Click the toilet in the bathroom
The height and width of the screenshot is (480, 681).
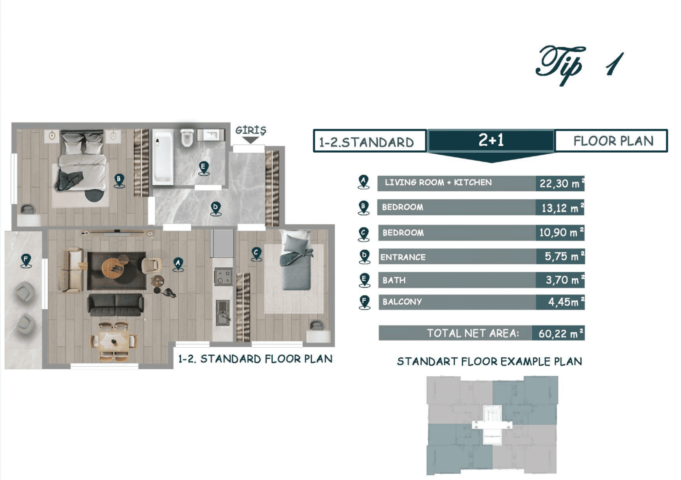click(x=187, y=138)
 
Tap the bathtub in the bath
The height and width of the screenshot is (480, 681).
click(x=163, y=157)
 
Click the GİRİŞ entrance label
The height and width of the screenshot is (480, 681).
click(x=251, y=130)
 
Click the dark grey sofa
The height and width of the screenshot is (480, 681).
click(x=115, y=305)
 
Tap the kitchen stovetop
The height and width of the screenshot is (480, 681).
click(x=223, y=277)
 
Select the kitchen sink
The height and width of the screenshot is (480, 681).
click(x=223, y=313)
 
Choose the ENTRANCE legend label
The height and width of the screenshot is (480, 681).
click(x=403, y=257)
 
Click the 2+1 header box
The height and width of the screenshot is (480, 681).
click(x=491, y=140)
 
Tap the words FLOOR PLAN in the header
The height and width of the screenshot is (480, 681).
click(x=613, y=141)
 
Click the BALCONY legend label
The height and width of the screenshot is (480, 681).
click(x=402, y=302)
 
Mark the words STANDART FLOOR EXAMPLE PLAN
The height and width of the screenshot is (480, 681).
click(x=489, y=361)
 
